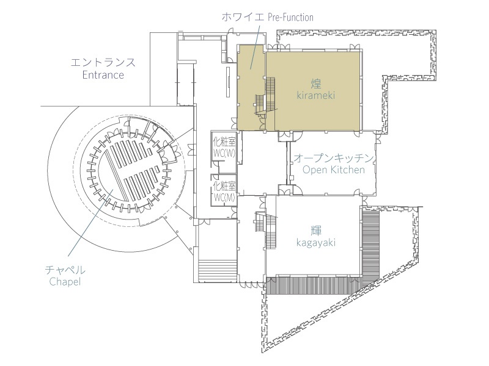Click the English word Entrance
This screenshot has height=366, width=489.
coord(103,75)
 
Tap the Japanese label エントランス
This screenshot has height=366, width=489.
coord(103,62)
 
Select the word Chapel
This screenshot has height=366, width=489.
coord(65,282)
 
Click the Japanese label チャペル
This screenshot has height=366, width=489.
coord(65,269)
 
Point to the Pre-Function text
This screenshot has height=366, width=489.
coord(290,17)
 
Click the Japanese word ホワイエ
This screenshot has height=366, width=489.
coord(243,17)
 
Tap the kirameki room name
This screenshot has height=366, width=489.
coord(315,95)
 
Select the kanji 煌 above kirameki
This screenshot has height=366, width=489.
coord(316,83)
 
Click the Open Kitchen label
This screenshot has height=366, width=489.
coord(333,170)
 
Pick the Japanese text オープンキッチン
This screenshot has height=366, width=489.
coord(333,158)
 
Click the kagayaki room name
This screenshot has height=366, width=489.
coord(315,243)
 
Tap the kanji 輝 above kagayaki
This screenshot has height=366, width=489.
coord(316,231)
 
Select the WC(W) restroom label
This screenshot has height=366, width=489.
coord(224,153)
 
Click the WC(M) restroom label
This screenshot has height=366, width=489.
coord(224,197)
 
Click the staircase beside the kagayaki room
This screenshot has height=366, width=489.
coord(266,230)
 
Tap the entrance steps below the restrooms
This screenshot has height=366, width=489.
coord(217,271)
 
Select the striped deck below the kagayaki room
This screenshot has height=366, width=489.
coord(314,284)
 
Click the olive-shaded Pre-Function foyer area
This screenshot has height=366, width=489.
coord(251,87)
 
